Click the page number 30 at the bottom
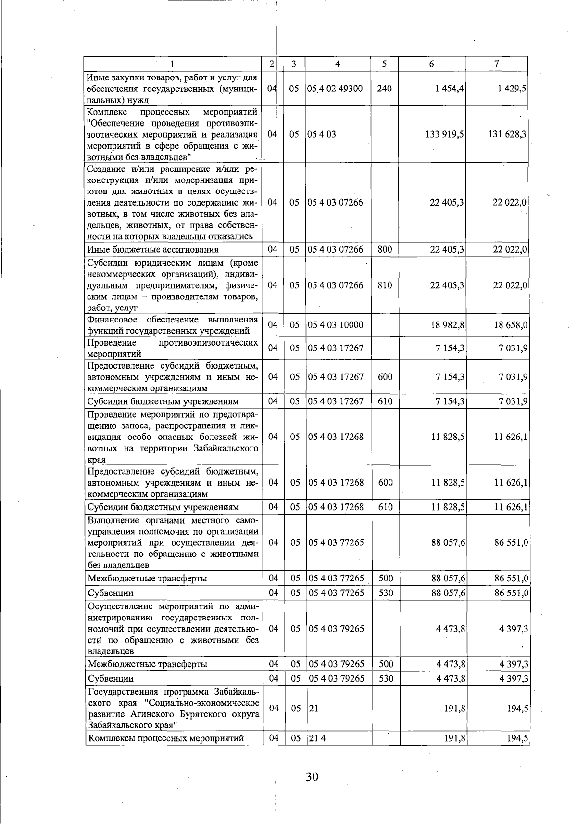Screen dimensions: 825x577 point(312,776)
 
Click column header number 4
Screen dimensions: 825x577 point(338,64)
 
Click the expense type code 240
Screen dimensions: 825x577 point(385,89)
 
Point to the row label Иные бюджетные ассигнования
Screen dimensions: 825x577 point(153,249)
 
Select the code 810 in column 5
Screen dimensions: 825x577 point(385,285)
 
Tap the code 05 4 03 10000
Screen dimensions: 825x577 point(336,325)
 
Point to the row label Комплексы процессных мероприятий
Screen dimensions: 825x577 point(165,738)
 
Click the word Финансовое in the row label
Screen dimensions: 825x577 point(112,320)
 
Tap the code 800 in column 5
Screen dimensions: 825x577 point(385,249)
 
